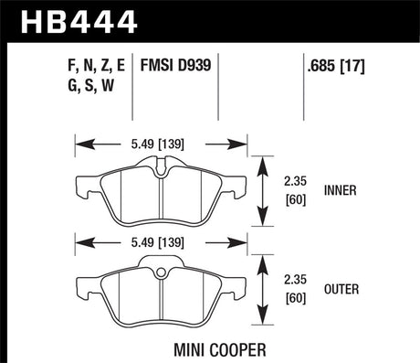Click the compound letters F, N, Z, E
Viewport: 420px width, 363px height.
click(x=92, y=65)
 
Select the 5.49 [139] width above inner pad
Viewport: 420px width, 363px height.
click(x=152, y=143)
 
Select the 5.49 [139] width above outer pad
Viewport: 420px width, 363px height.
click(x=152, y=244)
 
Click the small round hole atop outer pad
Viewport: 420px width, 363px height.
click(x=158, y=272)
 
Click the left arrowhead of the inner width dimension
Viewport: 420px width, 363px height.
click(x=79, y=143)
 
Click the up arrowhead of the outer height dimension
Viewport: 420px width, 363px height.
click(x=266, y=262)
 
